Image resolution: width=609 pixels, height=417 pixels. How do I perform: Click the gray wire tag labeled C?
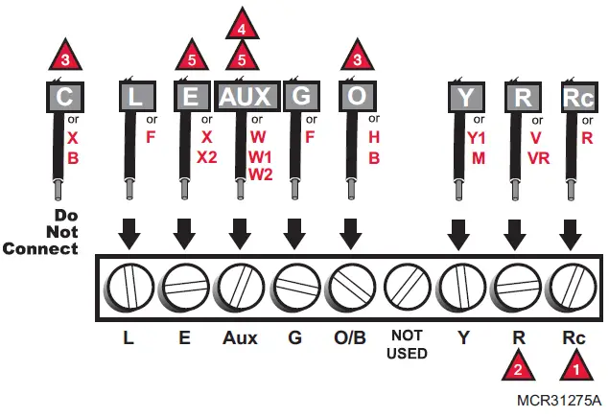65,97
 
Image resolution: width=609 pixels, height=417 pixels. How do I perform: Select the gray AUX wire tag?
246,97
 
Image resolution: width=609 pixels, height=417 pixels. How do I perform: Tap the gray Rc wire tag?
574,97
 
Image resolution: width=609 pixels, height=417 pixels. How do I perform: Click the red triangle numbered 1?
575,365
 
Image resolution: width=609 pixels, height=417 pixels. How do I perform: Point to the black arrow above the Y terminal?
459,232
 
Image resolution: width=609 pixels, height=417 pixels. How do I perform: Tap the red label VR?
538,156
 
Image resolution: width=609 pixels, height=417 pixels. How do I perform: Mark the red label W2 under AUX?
262,174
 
